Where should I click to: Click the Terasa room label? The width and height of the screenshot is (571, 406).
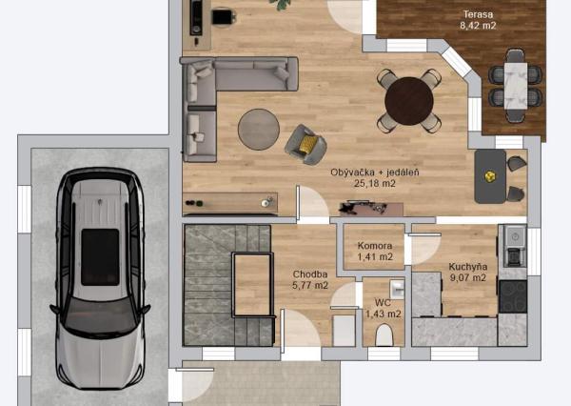[478, 14]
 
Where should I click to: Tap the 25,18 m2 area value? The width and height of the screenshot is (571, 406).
[375, 183]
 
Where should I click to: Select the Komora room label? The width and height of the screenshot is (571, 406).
[375, 246]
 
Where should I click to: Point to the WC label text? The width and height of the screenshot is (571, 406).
[383, 302]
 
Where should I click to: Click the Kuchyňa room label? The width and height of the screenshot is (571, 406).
[468, 267]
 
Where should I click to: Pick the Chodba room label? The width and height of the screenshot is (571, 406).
[310, 274]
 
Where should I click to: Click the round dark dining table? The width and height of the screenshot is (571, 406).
[409, 101]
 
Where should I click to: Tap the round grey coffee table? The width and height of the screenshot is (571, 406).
[259, 129]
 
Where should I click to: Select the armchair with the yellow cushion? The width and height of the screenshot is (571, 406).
[305, 145]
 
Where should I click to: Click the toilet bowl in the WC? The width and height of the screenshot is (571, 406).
[384, 335]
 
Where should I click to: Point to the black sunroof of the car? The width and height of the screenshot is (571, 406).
[100, 256]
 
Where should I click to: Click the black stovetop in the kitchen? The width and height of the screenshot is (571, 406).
[513, 296]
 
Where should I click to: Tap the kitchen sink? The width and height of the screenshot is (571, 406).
[515, 236]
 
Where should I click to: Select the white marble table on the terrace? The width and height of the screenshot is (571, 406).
[516, 86]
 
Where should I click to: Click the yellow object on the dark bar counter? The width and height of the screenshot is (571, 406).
[490, 176]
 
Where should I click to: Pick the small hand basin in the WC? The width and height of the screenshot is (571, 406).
[397, 290]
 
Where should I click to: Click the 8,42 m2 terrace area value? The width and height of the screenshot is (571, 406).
[478, 26]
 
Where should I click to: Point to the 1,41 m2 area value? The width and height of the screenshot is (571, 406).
[375, 257]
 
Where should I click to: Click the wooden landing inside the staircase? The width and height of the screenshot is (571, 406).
[252, 285]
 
